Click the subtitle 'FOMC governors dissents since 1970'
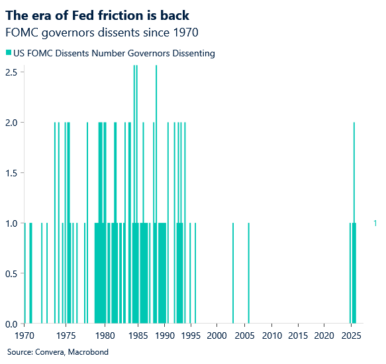[101, 31]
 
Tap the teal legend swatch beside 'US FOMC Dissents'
[9, 53]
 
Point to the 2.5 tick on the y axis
[11, 72]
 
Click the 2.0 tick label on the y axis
[11, 122]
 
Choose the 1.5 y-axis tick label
[11, 172]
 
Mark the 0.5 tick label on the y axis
[11, 273]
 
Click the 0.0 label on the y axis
[11, 324]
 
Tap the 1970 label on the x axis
[24, 335]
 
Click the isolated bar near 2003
[233, 273]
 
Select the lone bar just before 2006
[248, 273]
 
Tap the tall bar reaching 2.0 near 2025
[354, 172]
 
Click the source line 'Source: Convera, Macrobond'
[58, 351]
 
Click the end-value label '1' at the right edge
[375, 223]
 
